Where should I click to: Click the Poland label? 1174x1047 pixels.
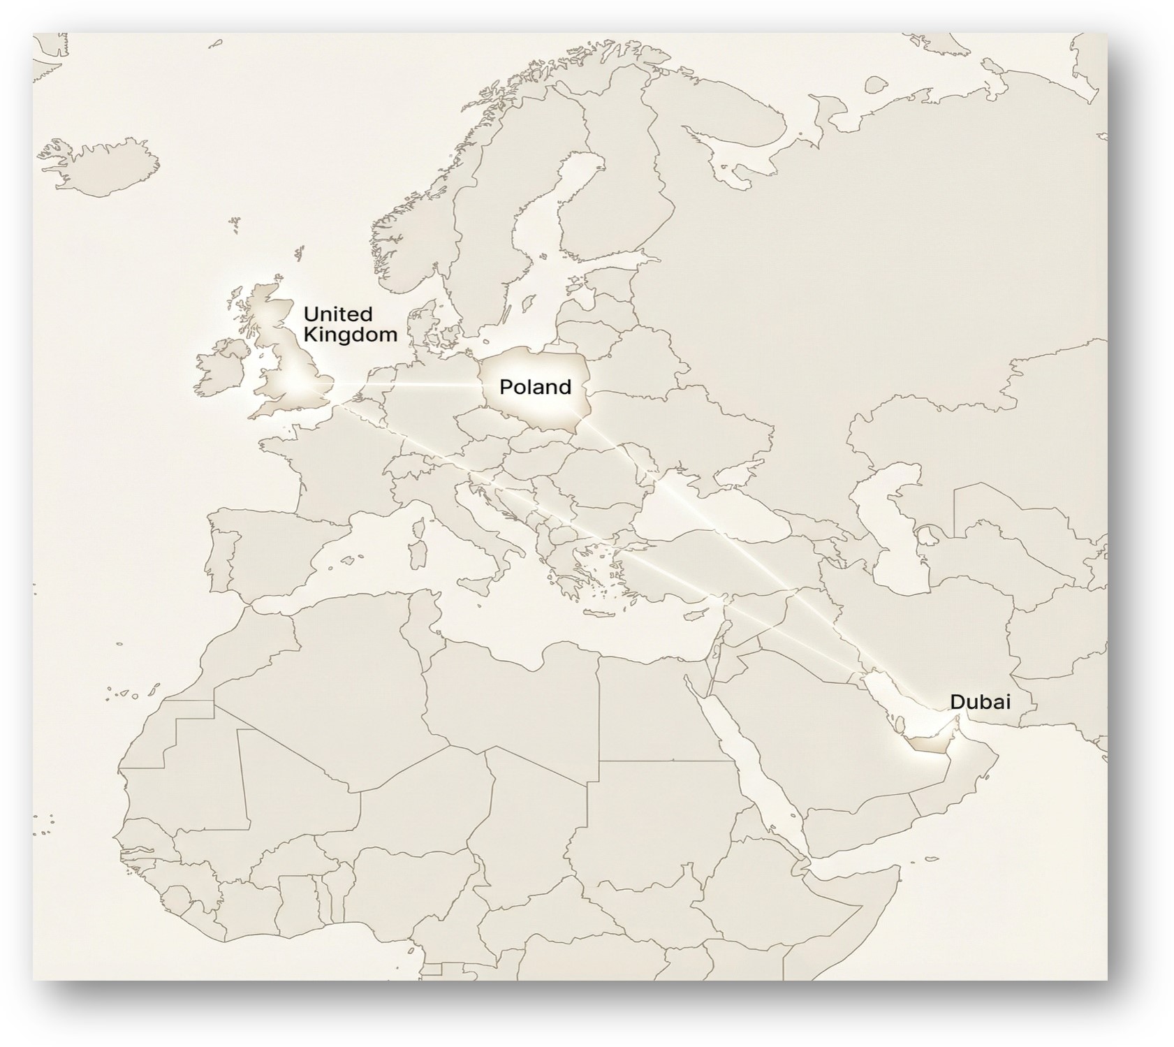[x=535, y=387]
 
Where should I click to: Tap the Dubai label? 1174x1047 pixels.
[x=980, y=701]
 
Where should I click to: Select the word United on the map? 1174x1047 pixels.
[x=337, y=314]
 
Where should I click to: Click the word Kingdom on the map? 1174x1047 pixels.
[x=350, y=335]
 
